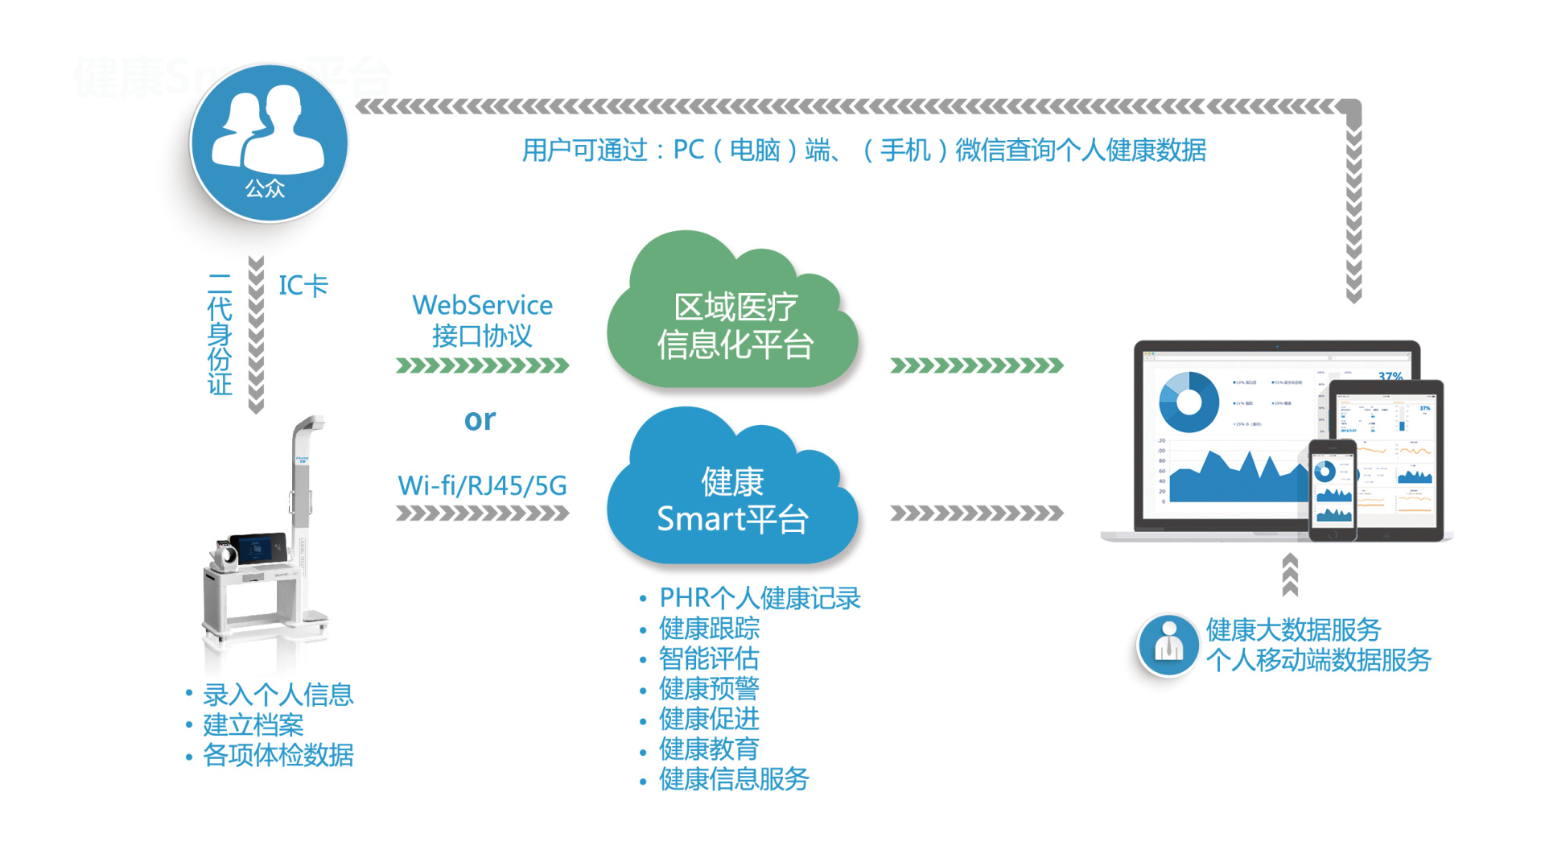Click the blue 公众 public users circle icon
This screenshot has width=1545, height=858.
tap(269, 143)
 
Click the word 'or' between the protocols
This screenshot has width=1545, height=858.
tap(480, 419)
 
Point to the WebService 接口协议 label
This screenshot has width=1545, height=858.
tap(482, 320)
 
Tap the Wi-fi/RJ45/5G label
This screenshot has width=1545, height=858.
tap(482, 485)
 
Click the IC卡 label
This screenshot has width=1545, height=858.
tap(303, 286)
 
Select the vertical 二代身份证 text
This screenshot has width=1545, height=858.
tap(220, 334)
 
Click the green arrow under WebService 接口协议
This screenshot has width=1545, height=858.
tap(482, 366)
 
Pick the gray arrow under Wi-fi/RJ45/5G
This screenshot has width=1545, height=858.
tap(482, 514)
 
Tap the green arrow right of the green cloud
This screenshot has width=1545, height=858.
tap(976, 366)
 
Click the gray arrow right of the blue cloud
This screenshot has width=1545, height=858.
tap(976, 514)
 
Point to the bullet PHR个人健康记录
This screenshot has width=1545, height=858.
tap(759, 598)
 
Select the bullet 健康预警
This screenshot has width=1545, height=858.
tap(709, 689)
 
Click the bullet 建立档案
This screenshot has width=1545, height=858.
tap(253, 725)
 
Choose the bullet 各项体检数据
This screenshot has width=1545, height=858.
tap(278, 755)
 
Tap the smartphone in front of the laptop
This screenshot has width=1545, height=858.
tap(1332, 490)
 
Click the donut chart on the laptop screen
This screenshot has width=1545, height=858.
tap(1189, 402)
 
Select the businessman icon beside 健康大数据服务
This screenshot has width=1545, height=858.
tap(1168, 645)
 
